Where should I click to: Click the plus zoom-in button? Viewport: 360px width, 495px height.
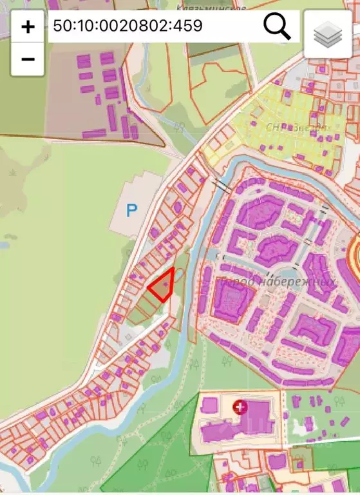[28, 27]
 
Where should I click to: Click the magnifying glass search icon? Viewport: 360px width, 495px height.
[277, 26]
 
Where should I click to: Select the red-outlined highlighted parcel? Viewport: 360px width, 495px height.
[163, 286]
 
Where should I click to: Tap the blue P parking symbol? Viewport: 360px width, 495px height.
[131, 210]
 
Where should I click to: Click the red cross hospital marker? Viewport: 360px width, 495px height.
[240, 407]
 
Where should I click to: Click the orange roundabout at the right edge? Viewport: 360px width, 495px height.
[357, 249]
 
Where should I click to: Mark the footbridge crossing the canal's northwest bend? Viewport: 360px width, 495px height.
[221, 186]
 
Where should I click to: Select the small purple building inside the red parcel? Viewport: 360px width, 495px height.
[166, 284]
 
